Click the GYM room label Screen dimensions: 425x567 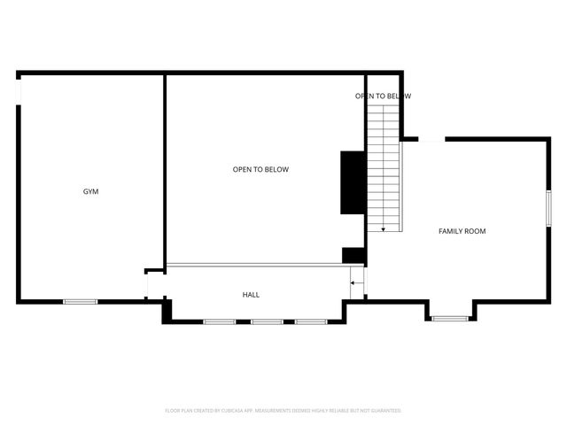click(90, 191)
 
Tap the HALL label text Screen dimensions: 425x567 click(252, 295)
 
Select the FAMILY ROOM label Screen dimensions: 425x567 click(462, 231)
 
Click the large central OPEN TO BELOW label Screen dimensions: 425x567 click(260, 169)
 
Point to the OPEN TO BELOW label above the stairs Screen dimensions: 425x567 click(383, 96)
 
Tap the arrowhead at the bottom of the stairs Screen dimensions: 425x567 click(383, 229)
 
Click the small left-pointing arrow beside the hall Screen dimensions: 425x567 click(355, 283)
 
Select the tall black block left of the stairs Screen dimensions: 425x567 click(353, 182)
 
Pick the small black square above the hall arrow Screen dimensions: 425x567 click(353, 255)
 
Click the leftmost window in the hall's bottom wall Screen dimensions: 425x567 click(219, 321)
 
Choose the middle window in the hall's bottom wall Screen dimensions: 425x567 click(266, 321)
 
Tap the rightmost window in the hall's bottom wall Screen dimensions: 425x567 click(311, 321)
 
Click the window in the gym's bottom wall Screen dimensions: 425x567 click(80, 302)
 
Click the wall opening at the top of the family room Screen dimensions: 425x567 click(431, 139)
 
